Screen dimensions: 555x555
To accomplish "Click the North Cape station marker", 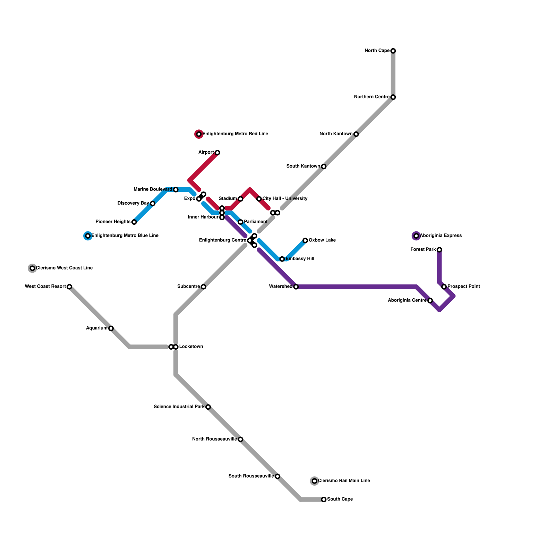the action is click(x=393, y=51).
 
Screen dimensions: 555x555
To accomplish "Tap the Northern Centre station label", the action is click(x=372, y=97).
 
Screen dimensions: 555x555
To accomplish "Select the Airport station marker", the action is click(x=217, y=153).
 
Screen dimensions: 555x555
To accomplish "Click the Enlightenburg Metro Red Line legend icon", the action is click(x=199, y=134).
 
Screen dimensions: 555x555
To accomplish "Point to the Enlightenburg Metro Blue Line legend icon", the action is click(x=88, y=236).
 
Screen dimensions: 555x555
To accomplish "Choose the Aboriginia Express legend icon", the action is click(x=416, y=236).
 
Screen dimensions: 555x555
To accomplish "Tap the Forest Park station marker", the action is click(x=439, y=250).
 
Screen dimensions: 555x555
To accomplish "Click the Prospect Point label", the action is click(x=464, y=287).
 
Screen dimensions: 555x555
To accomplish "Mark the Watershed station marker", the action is click(x=296, y=287).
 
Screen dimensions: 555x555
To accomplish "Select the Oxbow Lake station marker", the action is click(x=305, y=240).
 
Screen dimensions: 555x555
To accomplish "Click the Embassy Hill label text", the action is click(x=300, y=259).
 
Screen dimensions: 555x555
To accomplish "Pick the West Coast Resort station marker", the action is click(x=69, y=287).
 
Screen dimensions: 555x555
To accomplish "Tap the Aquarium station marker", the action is click(x=111, y=328).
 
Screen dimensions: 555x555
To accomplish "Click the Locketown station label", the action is click(x=191, y=347).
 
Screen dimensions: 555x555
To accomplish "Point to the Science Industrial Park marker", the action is click(x=208, y=407).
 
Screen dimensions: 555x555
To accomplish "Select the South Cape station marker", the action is click(x=324, y=499).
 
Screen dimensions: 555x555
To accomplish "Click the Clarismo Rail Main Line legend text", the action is click(x=344, y=481).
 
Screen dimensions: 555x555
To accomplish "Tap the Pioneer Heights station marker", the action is click(x=134, y=222).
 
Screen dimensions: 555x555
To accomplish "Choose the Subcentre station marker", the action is click(x=204, y=287).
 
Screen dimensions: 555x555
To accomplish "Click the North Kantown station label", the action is click(x=336, y=134).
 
